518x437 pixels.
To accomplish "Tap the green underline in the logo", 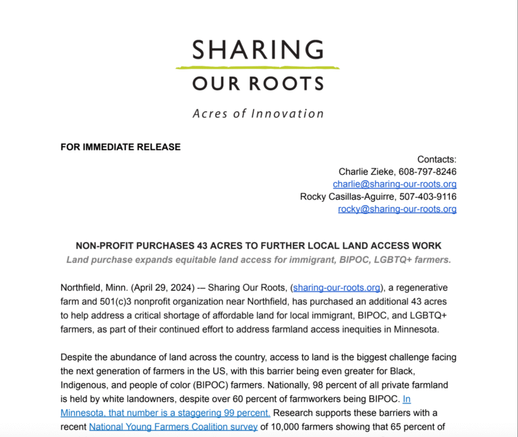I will click(258, 67).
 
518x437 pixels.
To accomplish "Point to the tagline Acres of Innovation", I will click(258, 113).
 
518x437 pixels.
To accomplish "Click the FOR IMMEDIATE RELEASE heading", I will click(121, 146).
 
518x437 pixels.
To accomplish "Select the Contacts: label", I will click(436, 159).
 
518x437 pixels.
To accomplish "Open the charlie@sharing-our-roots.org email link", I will click(395, 184).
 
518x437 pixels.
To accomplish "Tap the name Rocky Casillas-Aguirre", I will click(347, 197).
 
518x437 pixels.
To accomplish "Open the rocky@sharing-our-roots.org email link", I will click(397, 209).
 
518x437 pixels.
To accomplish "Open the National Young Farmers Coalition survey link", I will click(173, 426).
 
